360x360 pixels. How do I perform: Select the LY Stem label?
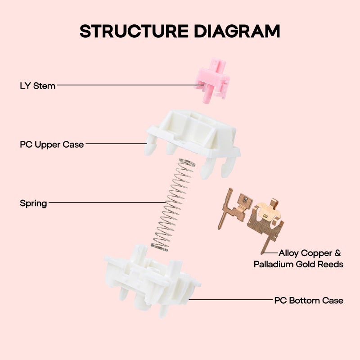pos(38,85)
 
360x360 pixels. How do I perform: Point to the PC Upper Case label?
pos(52,145)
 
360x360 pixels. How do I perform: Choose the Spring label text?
pos(33,203)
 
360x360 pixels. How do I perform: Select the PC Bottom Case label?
pos(309,300)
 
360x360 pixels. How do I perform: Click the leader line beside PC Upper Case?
pos(117,144)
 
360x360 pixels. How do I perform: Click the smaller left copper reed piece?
pos(234,207)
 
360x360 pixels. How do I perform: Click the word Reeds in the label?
pos(330,264)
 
